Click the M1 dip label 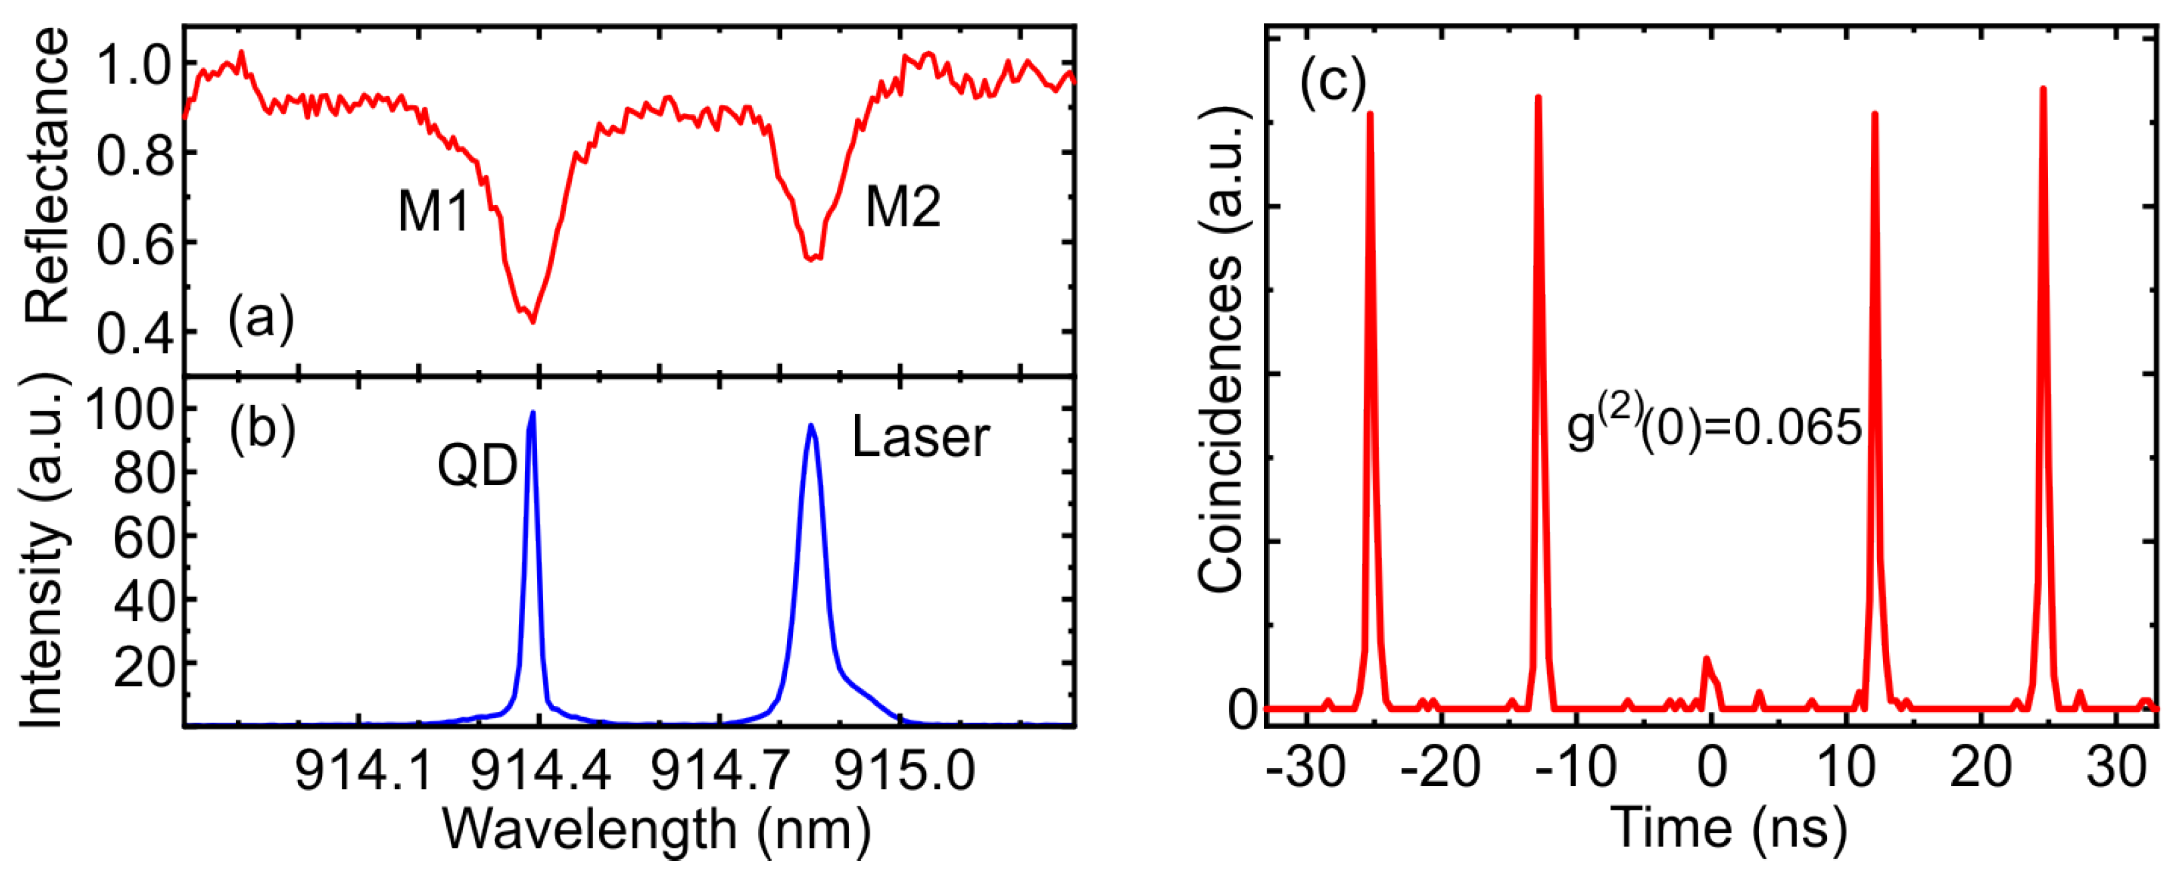click(x=434, y=211)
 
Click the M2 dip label click(x=902, y=207)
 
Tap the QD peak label click(x=477, y=466)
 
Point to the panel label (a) click(x=261, y=319)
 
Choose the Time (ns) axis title click(x=1728, y=829)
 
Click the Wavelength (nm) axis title click(x=657, y=829)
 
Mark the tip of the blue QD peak click(x=532, y=412)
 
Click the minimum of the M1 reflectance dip click(x=532, y=322)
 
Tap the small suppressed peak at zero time click(x=1706, y=659)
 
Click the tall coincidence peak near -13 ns click(x=1538, y=97)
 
